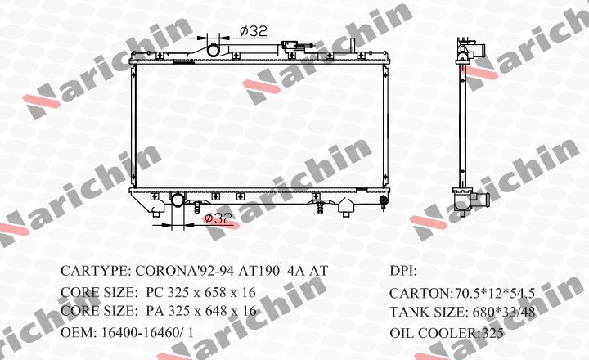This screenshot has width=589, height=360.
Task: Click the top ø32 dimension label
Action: (254, 31)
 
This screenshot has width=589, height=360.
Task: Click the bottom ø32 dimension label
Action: (218, 218)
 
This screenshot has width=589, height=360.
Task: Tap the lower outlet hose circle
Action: (178, 199)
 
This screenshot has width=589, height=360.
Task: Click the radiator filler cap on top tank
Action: (290, 46)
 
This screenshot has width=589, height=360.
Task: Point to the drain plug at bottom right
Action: (383, 200)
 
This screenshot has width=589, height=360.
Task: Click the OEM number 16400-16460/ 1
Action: (147, 332)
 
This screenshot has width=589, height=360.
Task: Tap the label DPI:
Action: (403, 272)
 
